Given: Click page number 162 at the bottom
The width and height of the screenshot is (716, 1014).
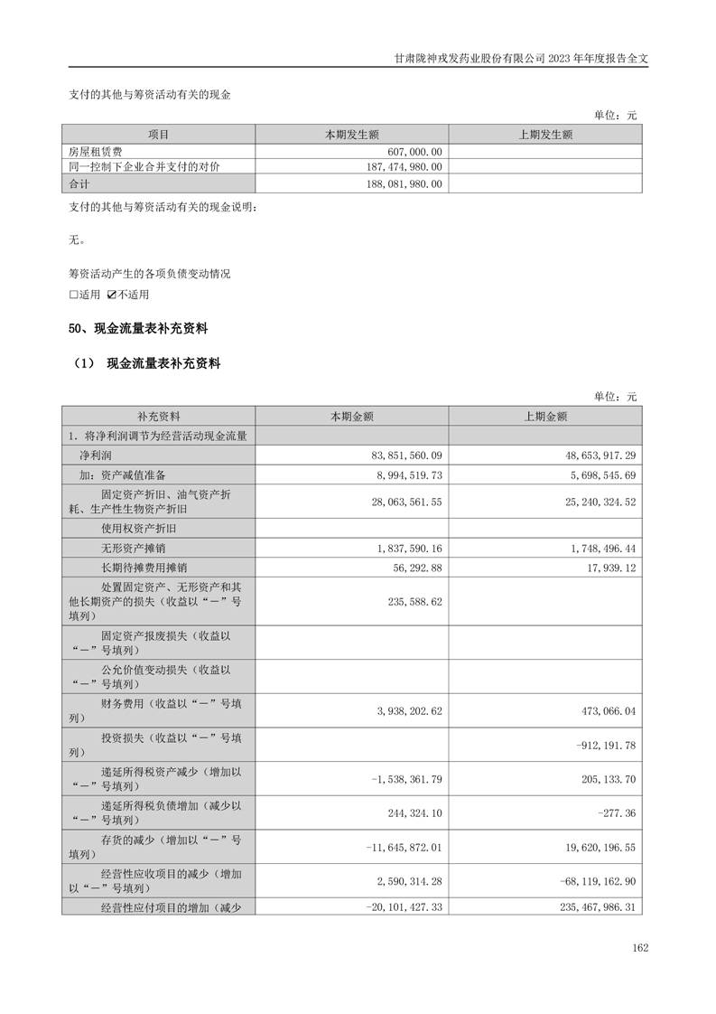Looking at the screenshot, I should click(640, 948).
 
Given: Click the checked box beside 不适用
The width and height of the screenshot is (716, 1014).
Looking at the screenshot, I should click(112, 295).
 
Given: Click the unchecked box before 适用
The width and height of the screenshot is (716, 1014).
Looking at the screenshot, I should click(74, 295).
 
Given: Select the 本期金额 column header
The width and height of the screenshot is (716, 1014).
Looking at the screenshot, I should click(351, 417).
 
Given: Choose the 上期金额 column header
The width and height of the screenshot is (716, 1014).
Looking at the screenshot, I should click(545, 417).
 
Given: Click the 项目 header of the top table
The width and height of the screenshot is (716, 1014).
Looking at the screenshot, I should click(158, 135).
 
